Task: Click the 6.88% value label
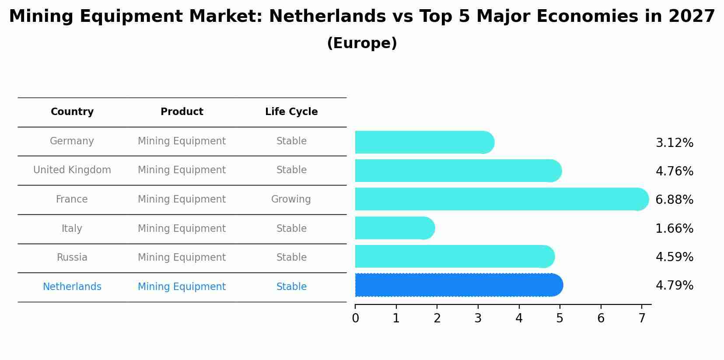click(674, 200)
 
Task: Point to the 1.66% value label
click(674, 229)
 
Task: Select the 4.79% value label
click(674, 286)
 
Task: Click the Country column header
click(72, 112)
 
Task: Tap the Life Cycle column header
click(291, 112)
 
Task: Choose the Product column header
click(182, 112)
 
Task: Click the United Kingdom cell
click(72, 170)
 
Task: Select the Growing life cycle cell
click(291, 199)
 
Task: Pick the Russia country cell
click(72, 258)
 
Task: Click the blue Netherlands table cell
click(72, 287)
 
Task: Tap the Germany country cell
click(72, 141)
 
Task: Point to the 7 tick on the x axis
click(642, 318)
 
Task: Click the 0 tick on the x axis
click(355, 318)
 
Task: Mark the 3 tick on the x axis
click(478, 318)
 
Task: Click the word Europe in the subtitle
click(362, 43)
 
